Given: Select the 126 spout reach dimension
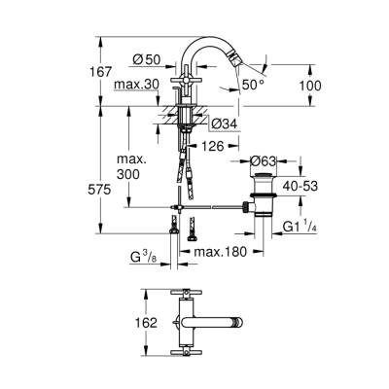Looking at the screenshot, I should pos(213,147).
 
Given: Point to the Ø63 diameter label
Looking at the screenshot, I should pos(265,161).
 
